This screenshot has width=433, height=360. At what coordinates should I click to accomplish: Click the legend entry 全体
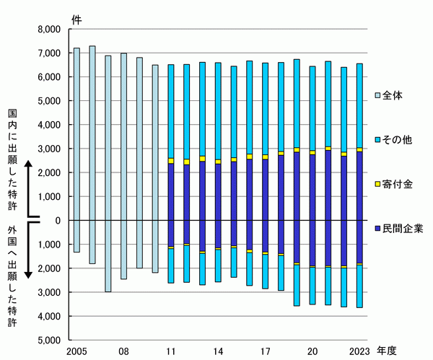(x=393, y=95)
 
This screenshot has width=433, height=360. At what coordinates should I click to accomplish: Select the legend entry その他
(x=396, y=139)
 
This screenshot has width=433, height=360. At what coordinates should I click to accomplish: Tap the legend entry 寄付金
(x=396, y=184)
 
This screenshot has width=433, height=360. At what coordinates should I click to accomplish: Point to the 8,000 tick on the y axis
(x=50, y=30)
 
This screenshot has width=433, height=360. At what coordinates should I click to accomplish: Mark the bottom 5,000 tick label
(x=50, y=340)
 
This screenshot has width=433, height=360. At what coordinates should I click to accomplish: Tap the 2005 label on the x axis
(x=76, y=351)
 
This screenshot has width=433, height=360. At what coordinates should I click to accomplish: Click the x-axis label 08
(x=123, y=351)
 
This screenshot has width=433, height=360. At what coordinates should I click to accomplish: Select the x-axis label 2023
(x=359, y=351)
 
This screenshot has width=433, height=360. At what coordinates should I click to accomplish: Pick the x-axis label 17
(x=265, y=351)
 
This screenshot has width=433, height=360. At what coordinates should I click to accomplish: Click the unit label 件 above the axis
(x=77, y=17)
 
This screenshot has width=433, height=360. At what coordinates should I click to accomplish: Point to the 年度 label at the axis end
(x=387, y=351)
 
